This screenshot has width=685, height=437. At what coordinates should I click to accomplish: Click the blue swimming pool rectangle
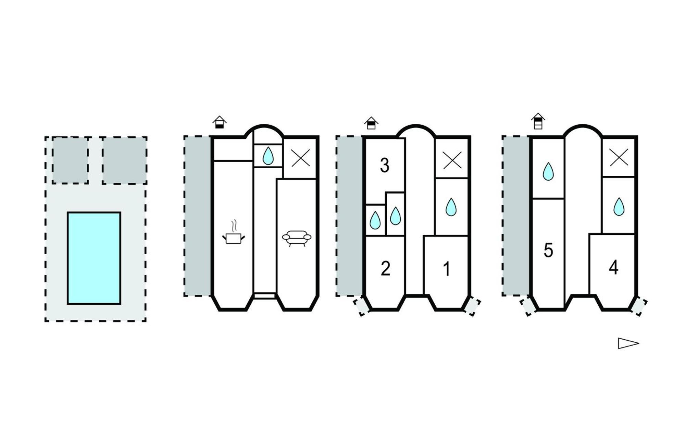tap(94, 258)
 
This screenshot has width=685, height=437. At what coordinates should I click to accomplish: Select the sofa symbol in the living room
tap(297, 238)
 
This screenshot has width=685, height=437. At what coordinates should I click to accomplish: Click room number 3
tap(385, 165)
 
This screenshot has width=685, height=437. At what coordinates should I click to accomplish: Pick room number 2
tap(385, 269)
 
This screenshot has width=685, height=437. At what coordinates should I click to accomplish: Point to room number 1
tap(447, 269)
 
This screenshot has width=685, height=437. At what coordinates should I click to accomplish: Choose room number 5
tap(548, 250)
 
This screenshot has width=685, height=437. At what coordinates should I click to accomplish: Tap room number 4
tap(613, 268)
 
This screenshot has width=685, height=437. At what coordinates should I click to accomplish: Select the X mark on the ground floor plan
tap(300, 158)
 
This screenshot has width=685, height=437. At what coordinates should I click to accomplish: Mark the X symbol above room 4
tap(619, 158)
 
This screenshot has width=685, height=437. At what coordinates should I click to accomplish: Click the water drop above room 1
tap(451, 207)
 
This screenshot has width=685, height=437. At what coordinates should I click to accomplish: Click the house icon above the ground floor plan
tap(220, 122)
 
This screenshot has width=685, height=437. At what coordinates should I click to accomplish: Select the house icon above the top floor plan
tap(538, 121)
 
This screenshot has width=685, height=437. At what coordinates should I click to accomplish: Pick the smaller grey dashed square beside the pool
tap(70, 160)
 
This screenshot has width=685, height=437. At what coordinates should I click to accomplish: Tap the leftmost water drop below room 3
tap(375, 220)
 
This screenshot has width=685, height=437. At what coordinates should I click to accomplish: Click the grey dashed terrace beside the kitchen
tap(198, 216)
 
